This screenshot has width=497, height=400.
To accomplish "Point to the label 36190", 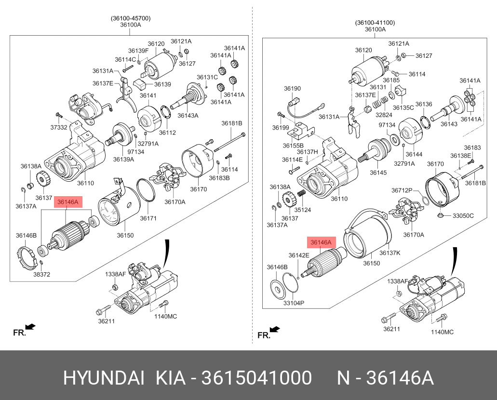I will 292,89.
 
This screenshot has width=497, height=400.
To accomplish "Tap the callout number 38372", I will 41,274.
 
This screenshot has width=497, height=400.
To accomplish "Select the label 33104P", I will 294,303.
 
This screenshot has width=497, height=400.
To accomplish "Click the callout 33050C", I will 463,215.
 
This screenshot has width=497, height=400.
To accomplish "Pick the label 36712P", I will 402,190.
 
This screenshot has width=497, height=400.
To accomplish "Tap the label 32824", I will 384,116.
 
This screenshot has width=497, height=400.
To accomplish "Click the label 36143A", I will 188,116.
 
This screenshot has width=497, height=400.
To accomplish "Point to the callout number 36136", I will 424,104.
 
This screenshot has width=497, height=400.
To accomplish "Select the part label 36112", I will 167,133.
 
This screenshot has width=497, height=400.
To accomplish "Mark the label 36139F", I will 138,51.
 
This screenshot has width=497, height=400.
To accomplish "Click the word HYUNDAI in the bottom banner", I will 103,378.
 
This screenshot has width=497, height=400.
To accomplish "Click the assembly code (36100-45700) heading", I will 131,18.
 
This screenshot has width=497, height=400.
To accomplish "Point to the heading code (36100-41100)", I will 375,22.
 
